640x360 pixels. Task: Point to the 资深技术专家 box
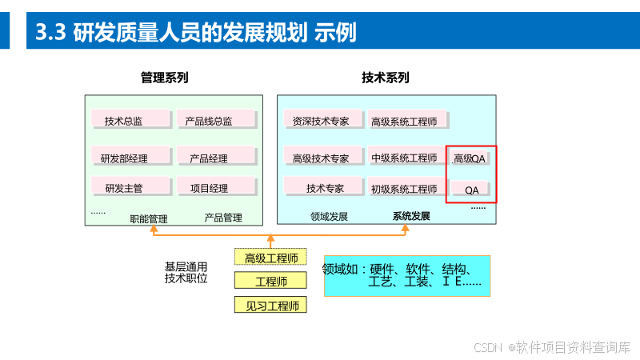[x=321, y=121]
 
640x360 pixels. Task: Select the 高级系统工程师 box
[x=404, y=121]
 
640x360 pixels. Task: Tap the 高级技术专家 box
[x=321, y=158]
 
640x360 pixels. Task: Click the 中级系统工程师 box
[x=404, y=158]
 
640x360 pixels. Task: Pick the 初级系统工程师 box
[x=404, y=188]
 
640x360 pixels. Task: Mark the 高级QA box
[x=470, y=158]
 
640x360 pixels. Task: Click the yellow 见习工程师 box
[x=271, y=305]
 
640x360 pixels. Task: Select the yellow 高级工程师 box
[x=271, y=258]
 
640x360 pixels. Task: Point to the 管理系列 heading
[x=164, y=78]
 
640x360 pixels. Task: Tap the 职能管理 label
[x=149, y=218]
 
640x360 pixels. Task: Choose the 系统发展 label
[x=411, y=216]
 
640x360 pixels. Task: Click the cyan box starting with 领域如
[x=406, y=275]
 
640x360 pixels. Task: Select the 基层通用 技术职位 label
[x=186, y=272]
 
